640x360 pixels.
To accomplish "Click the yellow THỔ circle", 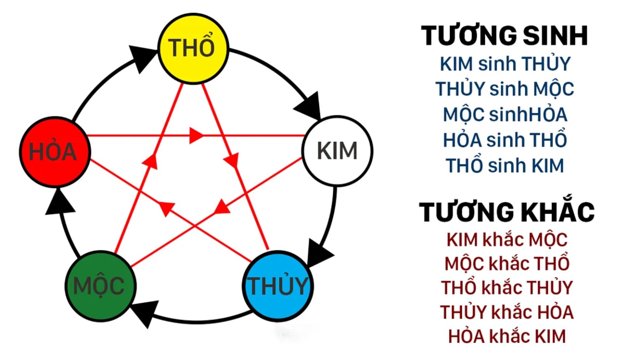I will (193, 48).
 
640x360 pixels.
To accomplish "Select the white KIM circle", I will (337, 151).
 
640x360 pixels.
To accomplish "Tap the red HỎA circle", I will (55, 152).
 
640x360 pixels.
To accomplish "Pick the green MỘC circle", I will (100, 286).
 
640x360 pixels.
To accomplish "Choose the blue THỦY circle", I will (278, 286).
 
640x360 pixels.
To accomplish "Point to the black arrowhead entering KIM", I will (310, 105).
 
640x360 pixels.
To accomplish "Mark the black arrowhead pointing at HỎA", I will (59, 203).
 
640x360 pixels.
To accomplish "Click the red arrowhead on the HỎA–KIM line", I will (196, 135).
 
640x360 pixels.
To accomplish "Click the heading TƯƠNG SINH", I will (505, 36).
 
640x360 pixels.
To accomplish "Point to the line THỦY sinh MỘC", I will (505, 89).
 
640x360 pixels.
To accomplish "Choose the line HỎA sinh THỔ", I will (505, 140).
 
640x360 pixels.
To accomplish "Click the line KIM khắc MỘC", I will (507, 240).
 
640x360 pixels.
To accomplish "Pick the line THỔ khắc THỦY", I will (507, 288).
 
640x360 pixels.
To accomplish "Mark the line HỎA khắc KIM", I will (507, 336).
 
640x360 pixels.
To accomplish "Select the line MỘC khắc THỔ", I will (507, 263).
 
